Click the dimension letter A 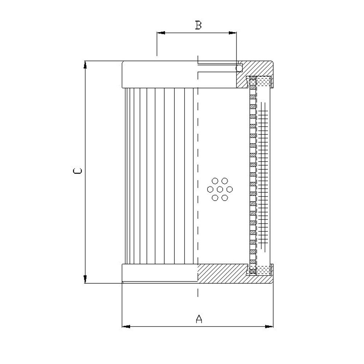click(x=199, y=319)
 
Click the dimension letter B click(x=198, y=25)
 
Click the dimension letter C click(x=77, y=171)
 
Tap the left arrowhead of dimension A click(x=126, y=327)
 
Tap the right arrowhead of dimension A click(x=269, y=327)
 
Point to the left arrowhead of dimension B click(x=161, y=33)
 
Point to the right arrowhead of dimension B click(x=233, y=33)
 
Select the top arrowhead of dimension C click(x=85, y=65)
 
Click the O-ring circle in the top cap click(x=239, y=68)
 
